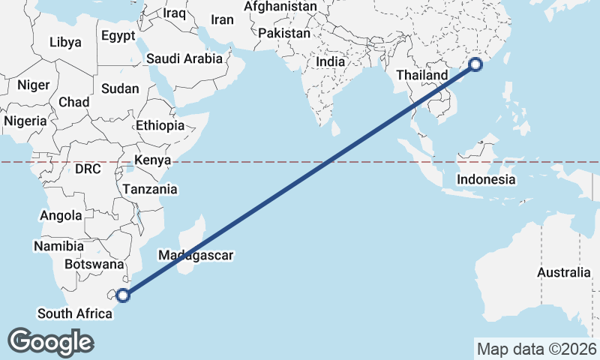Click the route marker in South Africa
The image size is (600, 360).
pos(123,295)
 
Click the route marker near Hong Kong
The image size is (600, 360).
pos(475,65)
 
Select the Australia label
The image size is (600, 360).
pos(564,272)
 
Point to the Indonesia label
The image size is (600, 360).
pos(486,179)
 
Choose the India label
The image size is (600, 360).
pos(331,62)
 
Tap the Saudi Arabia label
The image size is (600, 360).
pos(184,58)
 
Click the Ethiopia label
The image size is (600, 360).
pos(160,125)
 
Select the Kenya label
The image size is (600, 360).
pos(152,160)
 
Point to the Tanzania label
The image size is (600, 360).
pos(151,189)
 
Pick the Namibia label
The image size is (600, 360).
pos(58,246)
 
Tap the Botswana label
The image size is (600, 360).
pos(94,264)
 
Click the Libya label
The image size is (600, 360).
pos(65,43)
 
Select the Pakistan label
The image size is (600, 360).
pos(283,34)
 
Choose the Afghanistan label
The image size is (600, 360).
pos(281,7)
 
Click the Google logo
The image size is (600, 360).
pos(50,342)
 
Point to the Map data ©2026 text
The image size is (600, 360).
pos(536,349)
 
